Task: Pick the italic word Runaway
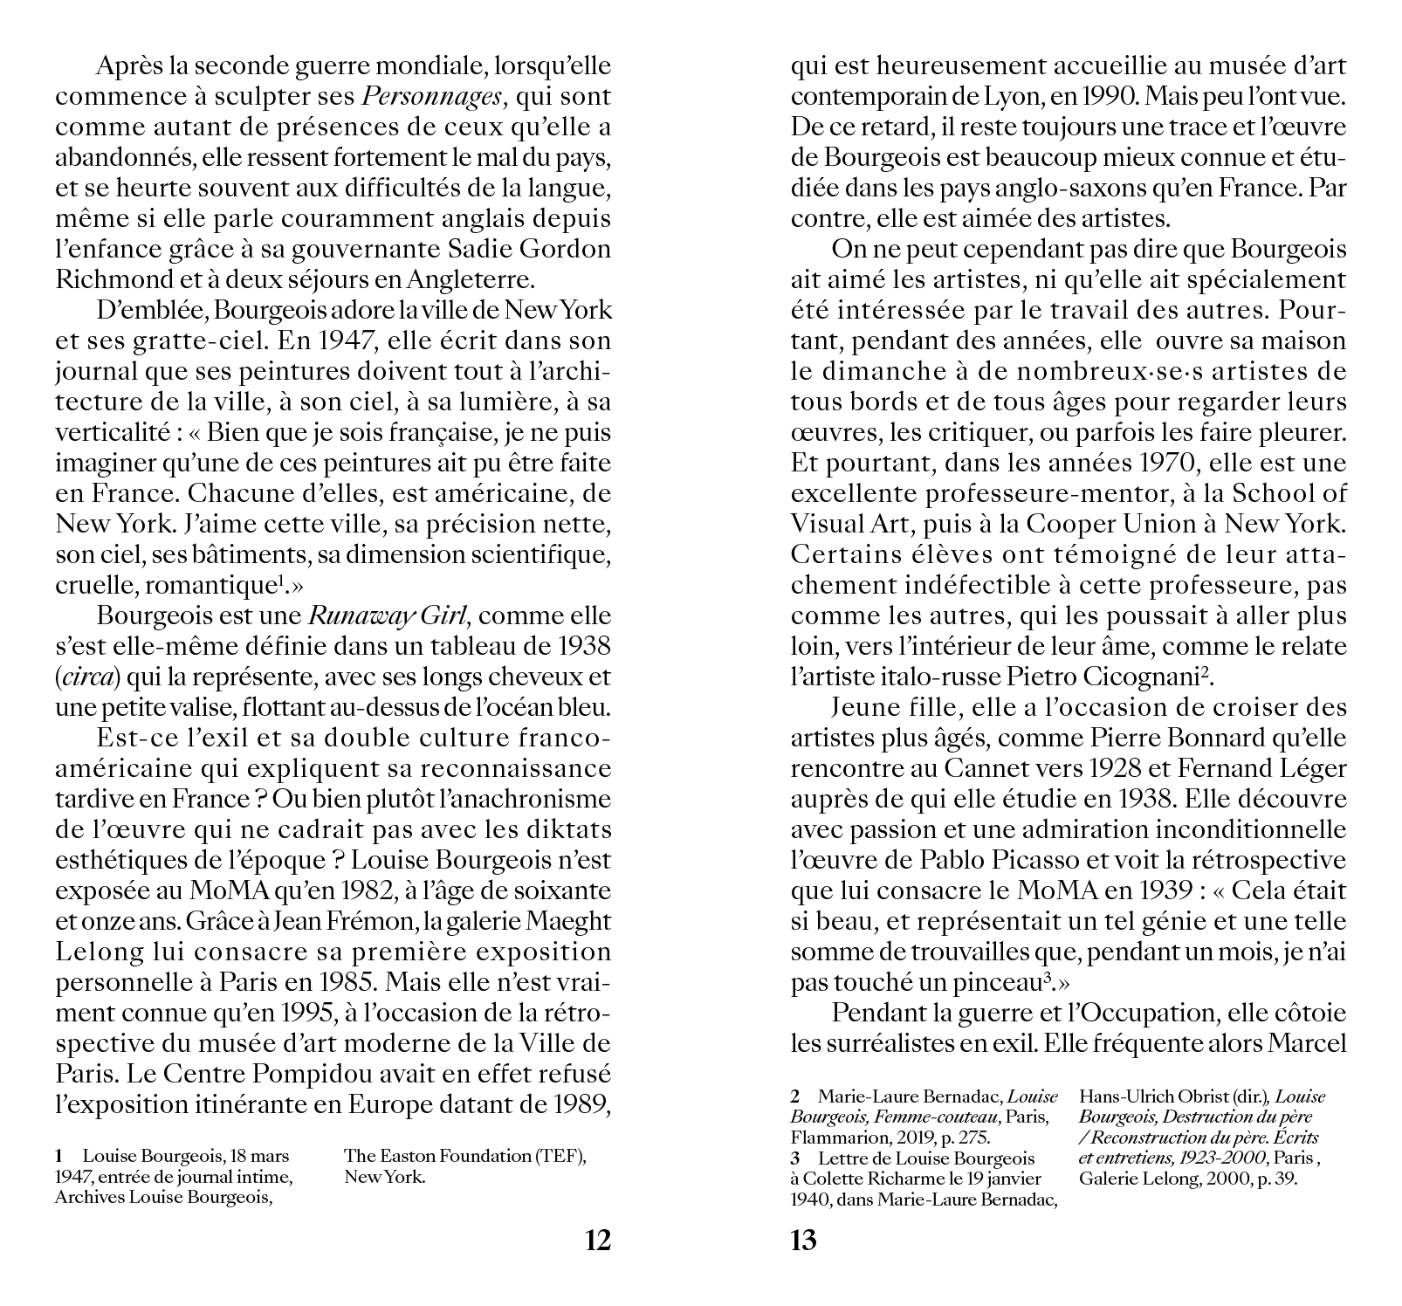point(348,615)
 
